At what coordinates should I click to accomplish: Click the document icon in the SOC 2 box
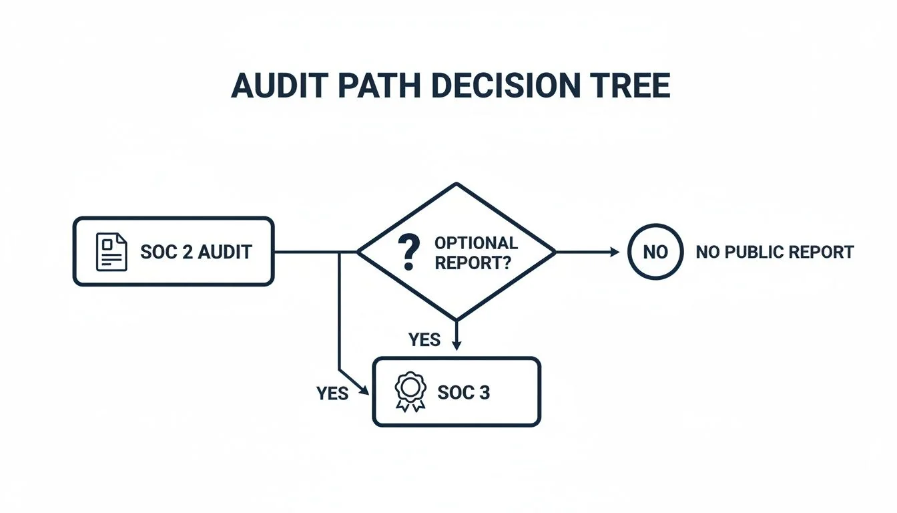pyautogui.click(x=111, y=252)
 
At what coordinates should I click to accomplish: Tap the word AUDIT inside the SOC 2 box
pyautogui.click(x=224, y=252)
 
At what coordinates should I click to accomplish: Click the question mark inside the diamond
pyautogui.click(x=408, y=252)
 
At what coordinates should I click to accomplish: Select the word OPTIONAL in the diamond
pyautogui.click(x=475, y=243)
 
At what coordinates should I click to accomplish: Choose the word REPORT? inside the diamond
pyautogui.click(x=472, y=263)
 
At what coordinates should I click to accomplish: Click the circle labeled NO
pyautogui.click(x=655, y=252)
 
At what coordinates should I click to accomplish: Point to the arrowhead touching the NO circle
pyautogui.click(x=615, y=252)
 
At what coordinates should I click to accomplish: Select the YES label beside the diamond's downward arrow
pyautogui.click(x=424, y=340)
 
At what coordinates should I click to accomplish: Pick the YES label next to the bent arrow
pyautogui.click(x=332, y=393)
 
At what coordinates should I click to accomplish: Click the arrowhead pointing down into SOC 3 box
pyautogui.click(x=456, y=346)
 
